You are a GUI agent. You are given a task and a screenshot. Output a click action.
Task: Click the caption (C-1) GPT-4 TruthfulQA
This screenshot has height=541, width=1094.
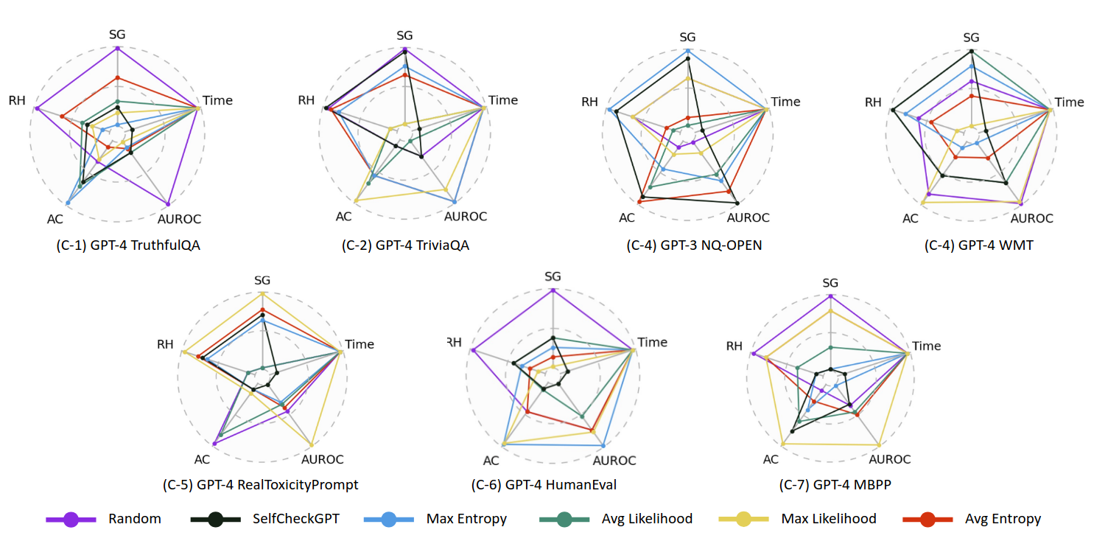[x=117, y=245]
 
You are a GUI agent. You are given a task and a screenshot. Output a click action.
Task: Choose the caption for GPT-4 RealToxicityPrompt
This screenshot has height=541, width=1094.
[x=260, y=484]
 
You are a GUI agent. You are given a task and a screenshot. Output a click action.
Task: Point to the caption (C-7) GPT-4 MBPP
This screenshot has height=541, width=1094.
[x=830, y=484]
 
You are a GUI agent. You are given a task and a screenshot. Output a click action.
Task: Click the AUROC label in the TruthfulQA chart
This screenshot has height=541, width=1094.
[x=179, y=219]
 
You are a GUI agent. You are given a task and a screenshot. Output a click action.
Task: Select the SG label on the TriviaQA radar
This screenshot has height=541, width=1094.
[x=404, y=35]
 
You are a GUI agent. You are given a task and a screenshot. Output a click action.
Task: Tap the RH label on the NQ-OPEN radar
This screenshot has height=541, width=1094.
[x=590, y=102]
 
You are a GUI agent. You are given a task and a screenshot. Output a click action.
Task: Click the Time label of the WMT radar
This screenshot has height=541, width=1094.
[x=1070, y=102]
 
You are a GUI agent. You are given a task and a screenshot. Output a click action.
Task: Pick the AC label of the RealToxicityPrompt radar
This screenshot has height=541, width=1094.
[x=203, y=459]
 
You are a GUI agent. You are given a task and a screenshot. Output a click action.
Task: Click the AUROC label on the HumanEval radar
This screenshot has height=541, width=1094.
[x=614, y=461]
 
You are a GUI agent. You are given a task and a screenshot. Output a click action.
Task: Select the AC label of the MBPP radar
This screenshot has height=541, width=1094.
[x=771, y=459]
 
